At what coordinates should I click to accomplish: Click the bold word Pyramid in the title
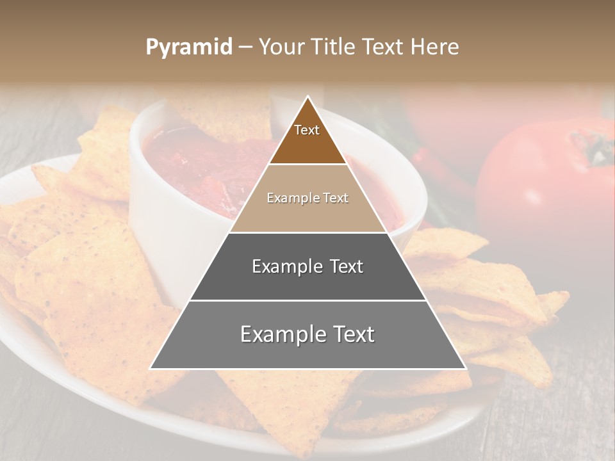click(189, 47)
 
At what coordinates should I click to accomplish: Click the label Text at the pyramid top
click(307, 130)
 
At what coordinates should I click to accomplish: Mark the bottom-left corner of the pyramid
click(151, 368)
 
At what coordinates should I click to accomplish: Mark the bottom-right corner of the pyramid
click(466, 368)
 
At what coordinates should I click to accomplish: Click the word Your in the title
click(280, 47)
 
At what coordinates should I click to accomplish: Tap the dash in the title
click(245, 47)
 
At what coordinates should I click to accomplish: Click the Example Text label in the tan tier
click(307, 198)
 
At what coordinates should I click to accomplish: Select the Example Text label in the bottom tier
click(307, 334)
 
